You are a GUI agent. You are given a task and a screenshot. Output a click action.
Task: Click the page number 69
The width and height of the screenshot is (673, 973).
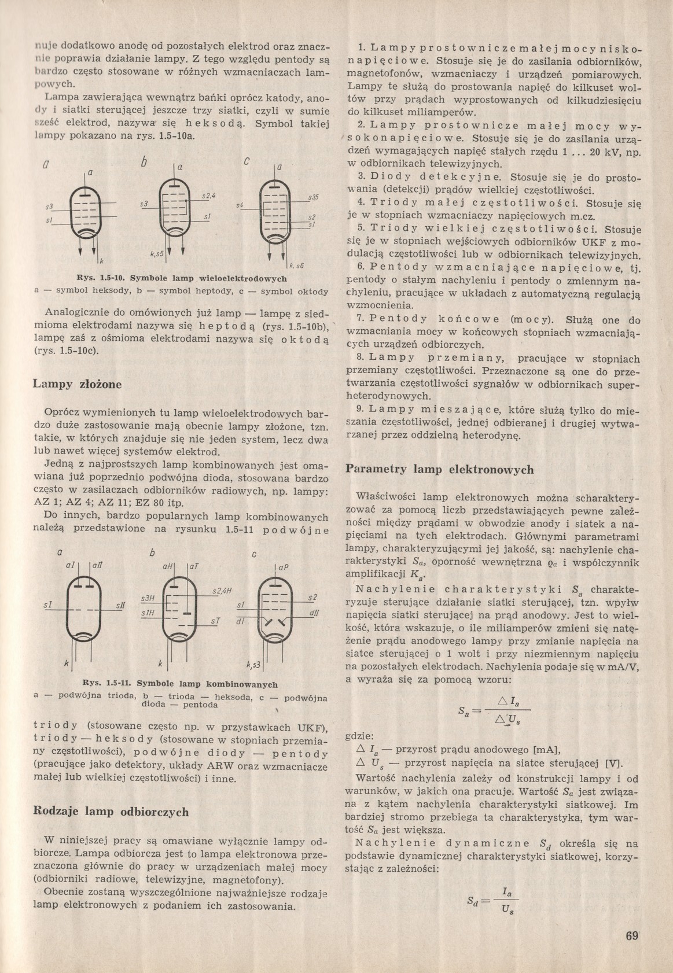(x=631, y=936)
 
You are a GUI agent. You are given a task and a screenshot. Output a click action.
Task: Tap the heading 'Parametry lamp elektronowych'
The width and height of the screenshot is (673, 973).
(x=440, y=469)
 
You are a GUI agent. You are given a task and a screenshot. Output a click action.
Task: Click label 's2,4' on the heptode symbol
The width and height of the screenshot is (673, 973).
(x=209, y=196)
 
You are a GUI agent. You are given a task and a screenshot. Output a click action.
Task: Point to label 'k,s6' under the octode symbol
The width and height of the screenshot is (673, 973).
(x=297, y=266)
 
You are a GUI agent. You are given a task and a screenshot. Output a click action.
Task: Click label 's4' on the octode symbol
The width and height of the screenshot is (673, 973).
(x=239, y=205)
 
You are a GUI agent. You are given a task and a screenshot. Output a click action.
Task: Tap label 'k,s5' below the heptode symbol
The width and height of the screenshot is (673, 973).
(x=157, y=253)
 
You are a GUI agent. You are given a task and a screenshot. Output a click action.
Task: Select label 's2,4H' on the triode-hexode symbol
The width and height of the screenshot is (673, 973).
(x=222, y=590)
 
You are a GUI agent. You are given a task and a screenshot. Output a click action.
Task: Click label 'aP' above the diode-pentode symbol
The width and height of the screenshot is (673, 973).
(x=284, y=567)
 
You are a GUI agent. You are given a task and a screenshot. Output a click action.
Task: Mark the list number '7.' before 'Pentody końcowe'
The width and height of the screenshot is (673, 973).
(x=360, y=319)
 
